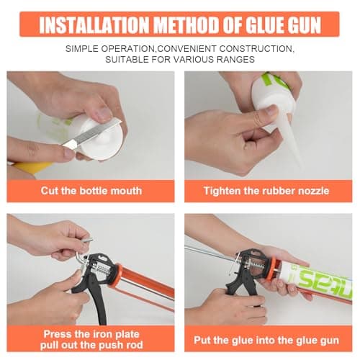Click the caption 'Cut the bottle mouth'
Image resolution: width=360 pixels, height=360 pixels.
coord(91,191)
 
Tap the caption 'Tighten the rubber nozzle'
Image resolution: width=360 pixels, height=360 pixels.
coord(266,191)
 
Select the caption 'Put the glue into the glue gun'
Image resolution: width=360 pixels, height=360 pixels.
coord(266,340)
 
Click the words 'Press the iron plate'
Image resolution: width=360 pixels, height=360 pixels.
coord(91,334)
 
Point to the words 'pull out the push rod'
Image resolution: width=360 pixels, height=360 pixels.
coord(91,345)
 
